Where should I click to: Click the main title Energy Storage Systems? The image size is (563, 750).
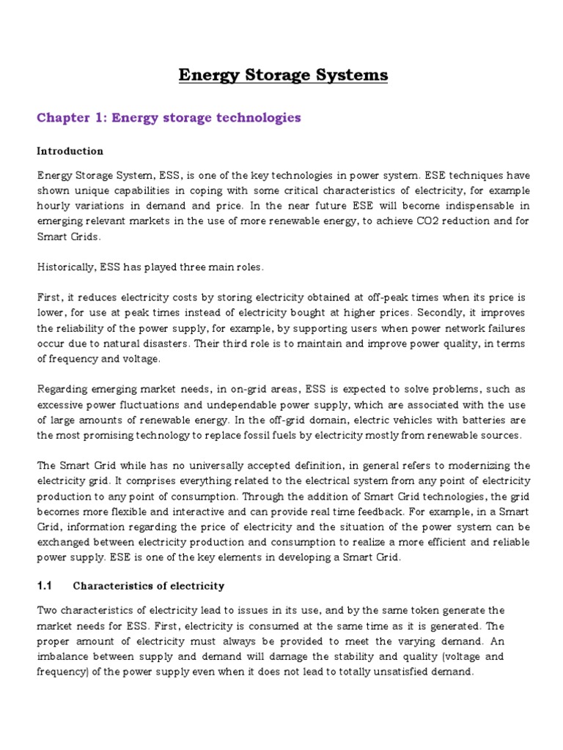284,75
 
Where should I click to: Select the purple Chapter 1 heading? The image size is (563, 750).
169,117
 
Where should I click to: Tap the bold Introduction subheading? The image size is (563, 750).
70,151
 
